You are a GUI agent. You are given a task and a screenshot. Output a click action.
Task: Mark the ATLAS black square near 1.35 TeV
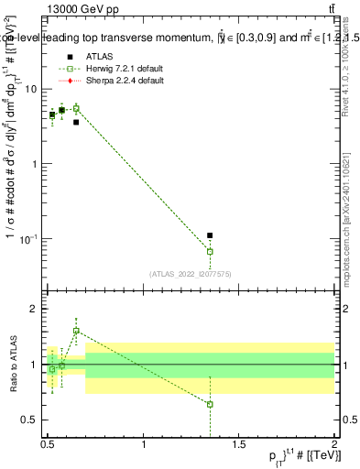pos(210,235)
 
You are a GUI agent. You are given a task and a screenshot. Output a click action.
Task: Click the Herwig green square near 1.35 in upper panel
pos(210,251)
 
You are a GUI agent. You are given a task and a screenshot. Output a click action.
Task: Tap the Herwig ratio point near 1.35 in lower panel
pos(210,404)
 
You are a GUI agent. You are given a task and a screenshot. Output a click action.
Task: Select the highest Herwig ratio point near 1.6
pos(76,331)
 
